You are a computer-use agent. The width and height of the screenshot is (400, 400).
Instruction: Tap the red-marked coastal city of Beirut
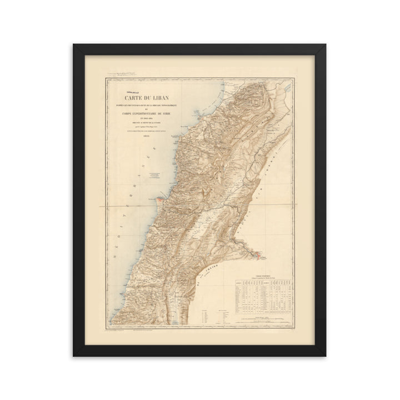pos(160,197)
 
